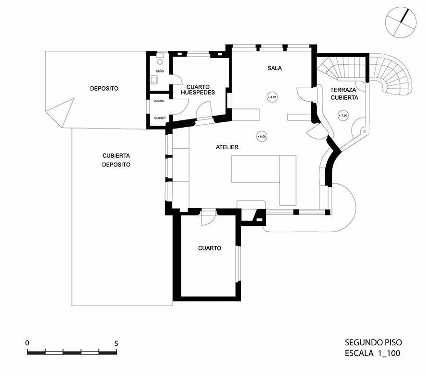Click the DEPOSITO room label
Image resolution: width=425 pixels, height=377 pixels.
[104, 89]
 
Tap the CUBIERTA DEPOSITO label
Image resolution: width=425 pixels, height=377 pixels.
[117, 160]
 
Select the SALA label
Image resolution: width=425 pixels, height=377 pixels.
[274, 68]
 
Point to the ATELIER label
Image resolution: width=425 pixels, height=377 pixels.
[227, 147]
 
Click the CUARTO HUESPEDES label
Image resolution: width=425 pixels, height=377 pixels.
[197, 89]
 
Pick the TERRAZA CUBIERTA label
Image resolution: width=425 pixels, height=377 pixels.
[344, 94]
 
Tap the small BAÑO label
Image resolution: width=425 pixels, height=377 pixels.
[159, 71]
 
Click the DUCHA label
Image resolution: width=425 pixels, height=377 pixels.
[159, 101]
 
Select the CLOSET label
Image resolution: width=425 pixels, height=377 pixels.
[160, 118]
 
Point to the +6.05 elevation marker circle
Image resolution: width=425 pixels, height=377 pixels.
[261, 136]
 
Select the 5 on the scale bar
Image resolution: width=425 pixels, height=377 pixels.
[117, 343]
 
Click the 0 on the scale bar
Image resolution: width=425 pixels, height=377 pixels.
[27, 343]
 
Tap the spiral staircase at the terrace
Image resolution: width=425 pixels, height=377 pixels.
[393, 77]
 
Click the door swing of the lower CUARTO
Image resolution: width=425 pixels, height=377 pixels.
[207, 218]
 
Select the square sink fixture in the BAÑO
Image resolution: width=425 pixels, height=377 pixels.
[154, 80]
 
